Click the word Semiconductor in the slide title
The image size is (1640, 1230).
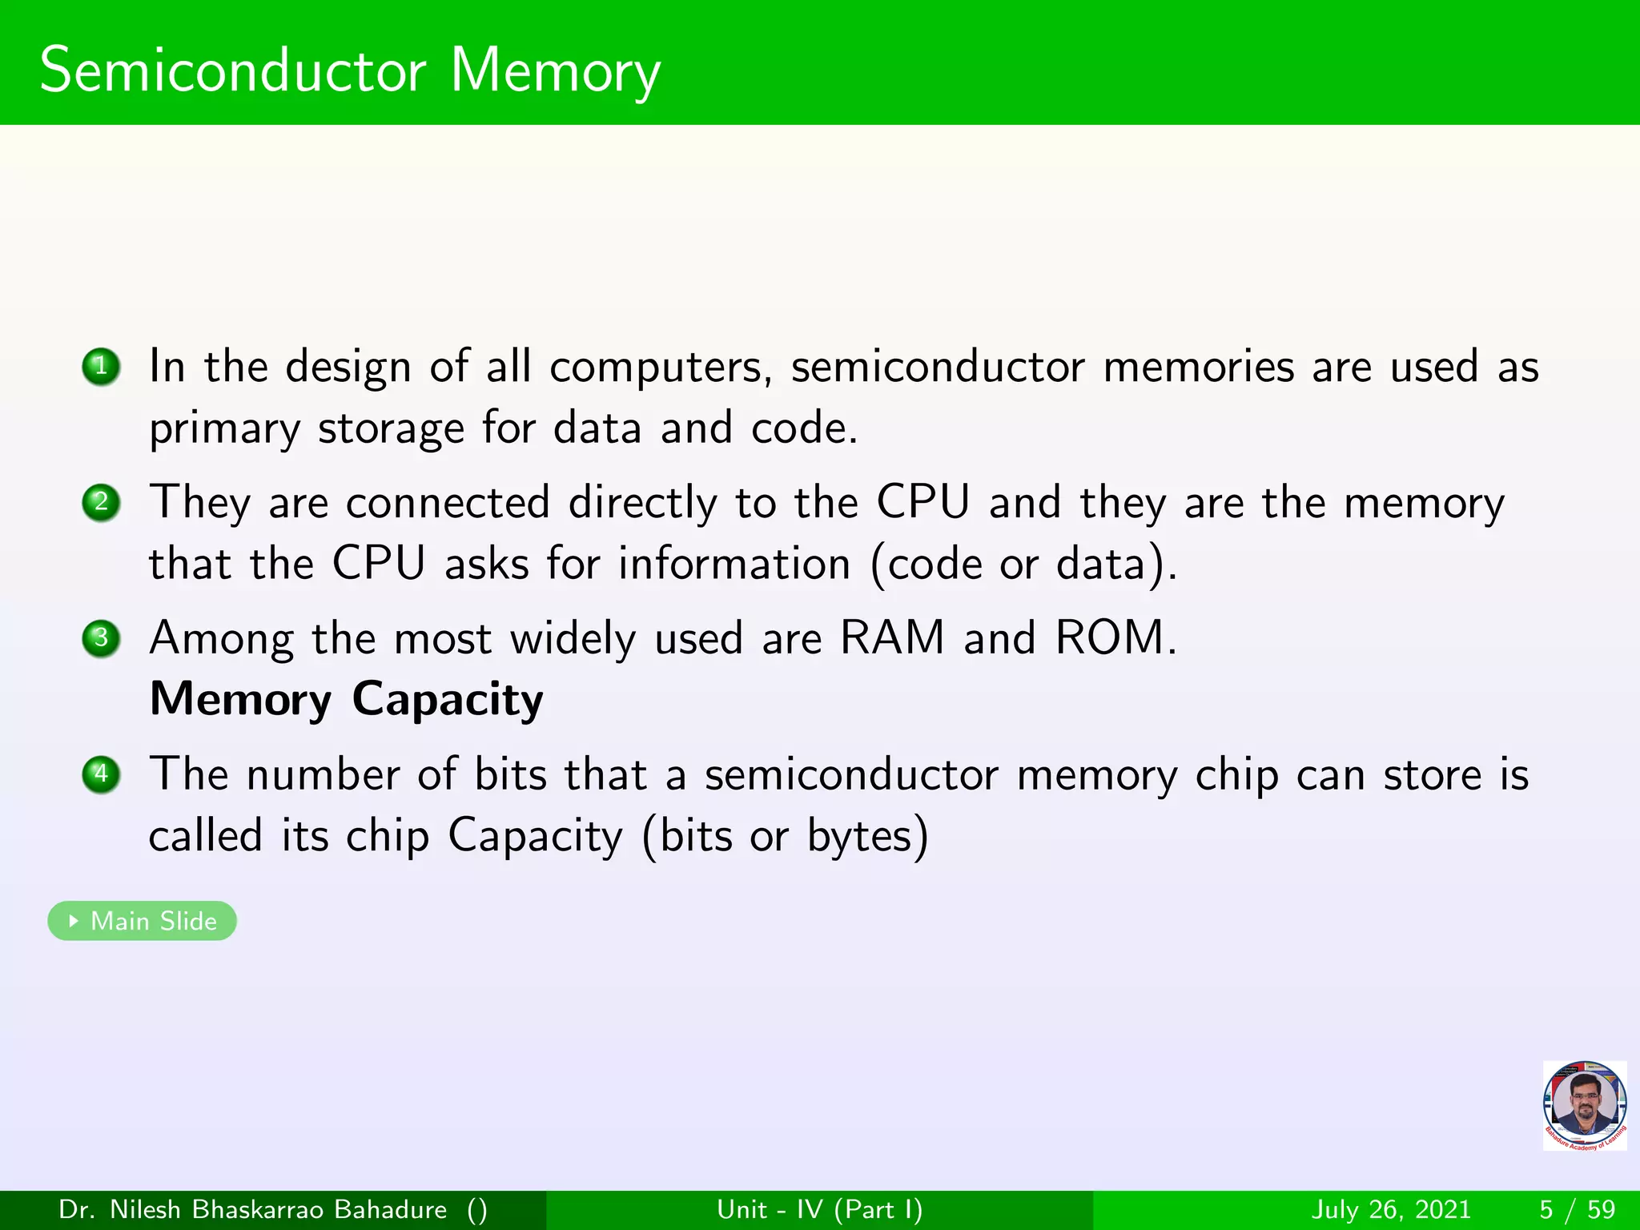pyautogui.click(x=232, y=70)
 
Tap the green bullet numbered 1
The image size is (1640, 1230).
pyautogui.click(x=101, y=367)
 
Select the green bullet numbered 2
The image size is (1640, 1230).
pyautogui.click(x=101, y=503)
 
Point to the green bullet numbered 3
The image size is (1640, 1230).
pyautogui.click(x=101, y=638)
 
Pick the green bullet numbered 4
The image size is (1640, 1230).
pyautogui.click(x=101, y=774)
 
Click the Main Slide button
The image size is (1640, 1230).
pyautogui.click(x=143, y=921)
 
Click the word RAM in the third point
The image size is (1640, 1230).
pyautogui.click(x=892, y=638)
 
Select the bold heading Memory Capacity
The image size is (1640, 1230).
pyautogui.click(x=347, y=699)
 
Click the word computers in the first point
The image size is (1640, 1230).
pyautogui.click(x=660, y=368)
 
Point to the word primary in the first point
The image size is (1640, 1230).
pyautogui.click(x=224, y=430)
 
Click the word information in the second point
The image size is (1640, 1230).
pyautogui.click(x=734, y=564)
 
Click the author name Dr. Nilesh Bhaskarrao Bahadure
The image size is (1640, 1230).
pyautogui.click(x=253, y=1209)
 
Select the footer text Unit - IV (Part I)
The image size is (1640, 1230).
pyautogui.click(x=819, y=1209)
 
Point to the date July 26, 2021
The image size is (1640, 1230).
pyautogui.click(x=1392, y=1209)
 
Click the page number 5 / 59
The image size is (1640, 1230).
pyautogui.click(x=1577, y=1209)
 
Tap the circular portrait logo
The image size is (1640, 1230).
pyautogui.click(x=1585, y=1105)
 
